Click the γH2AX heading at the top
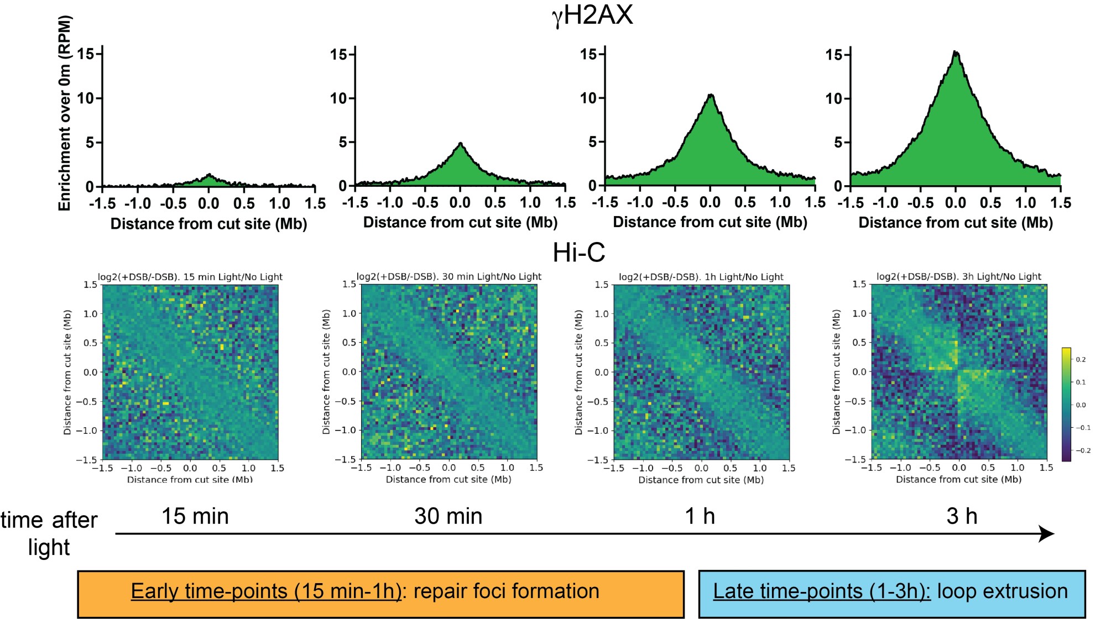pos(592,15)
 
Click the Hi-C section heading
pos(578,253)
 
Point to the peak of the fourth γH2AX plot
pos(956,53)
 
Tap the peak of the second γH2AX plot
pos(460,144)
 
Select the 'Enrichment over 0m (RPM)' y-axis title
pos(65,113)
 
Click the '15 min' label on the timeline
pos(195,516)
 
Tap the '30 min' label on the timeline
pos(448,516)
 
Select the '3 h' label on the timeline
pos(962,516)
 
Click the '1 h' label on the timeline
pos(700,516)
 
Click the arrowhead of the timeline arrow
pos(1046,534)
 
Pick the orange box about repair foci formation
pos(380,594)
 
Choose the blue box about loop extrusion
pos(891,594)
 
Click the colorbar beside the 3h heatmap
pos(1066,404)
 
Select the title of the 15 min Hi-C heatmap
pos(190,277)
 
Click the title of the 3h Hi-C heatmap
pos(958,276)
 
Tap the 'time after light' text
pos(49,533)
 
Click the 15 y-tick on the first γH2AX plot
pos(85,54)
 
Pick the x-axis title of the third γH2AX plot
pos(710,222)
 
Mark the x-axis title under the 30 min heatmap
pos(448,480)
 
